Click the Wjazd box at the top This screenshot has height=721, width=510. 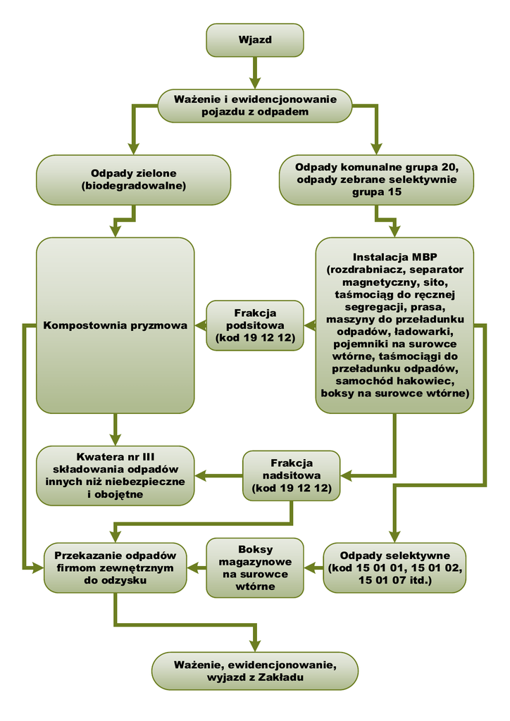254,40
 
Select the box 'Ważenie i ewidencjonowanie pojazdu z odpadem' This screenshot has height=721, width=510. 254,106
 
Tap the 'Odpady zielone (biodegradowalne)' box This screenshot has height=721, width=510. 133,180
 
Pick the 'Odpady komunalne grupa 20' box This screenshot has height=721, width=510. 376,180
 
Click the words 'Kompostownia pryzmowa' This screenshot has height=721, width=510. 116,325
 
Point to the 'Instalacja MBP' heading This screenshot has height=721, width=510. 394,257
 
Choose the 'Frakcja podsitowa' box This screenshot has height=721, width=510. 254,325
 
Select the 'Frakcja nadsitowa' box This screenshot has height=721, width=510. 291,476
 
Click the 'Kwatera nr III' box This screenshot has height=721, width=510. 115,475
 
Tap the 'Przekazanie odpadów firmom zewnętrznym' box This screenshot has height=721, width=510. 115,568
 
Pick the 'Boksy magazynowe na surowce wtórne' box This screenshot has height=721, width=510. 254,568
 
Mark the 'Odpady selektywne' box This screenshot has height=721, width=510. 394,568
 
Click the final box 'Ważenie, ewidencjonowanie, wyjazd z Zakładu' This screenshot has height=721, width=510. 254,670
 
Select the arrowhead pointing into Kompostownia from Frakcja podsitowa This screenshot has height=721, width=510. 199,325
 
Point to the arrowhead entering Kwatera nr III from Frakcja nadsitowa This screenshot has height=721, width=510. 199,476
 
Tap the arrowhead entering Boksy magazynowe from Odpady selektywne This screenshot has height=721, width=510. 309,568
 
